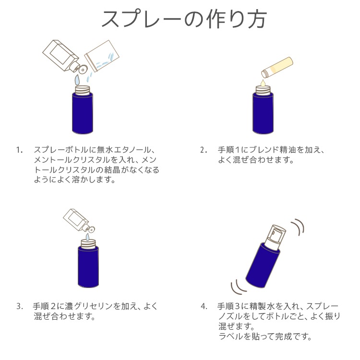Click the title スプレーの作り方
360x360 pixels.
click(x=184, y=19)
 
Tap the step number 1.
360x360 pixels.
click(x=19, y=150)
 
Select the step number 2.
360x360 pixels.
click(x=204, y=150)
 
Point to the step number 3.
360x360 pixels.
click(x=20, y=306)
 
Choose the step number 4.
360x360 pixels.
click(x=204, y=306)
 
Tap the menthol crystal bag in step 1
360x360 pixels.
click(x=102, y=56)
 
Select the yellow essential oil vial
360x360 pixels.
click(x=277, y=68)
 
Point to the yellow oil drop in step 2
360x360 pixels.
click(x=263, y=83)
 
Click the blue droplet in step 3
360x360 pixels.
click(x=87, y=237)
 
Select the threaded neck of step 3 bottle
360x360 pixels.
click(x=88, y=244)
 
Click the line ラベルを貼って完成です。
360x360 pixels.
click(x=265, y=336)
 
